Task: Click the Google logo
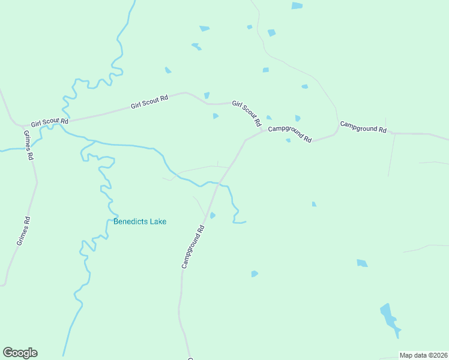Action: (20, 353)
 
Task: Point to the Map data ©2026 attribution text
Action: (423, 355)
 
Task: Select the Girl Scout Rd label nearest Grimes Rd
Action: (50, 122)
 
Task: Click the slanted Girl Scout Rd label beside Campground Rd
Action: (247, 113)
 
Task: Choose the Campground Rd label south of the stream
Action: (193, 246)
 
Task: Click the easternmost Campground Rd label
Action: (363, 127)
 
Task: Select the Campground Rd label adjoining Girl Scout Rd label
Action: (290, 134)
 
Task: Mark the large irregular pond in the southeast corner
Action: (390, 320)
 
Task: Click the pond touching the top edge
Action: (297, 5)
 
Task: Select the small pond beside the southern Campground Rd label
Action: (212, 215)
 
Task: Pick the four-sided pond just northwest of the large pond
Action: (362, 263)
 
